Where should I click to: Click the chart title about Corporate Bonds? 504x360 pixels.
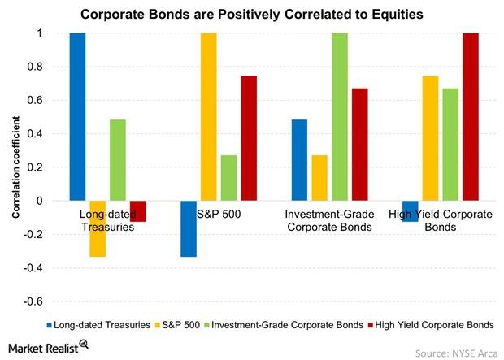coord(252,14)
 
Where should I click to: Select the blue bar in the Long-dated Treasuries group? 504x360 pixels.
coord(78,117)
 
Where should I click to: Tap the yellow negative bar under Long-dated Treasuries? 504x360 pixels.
coord(98,228)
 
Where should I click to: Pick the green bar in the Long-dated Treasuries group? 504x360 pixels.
coord(118,160)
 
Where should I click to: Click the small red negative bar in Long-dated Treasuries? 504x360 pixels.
coord(138,211)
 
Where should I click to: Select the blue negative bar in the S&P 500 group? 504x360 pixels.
coord(189,228)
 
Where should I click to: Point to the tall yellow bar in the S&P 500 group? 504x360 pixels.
coord(209,117)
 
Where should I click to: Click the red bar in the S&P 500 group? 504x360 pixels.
coord(249,138)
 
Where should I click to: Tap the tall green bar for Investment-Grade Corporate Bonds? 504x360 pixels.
coord(340,117)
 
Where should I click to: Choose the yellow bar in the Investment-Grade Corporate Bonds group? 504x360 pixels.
coord(319,178)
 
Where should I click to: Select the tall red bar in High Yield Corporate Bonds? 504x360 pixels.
coord(471,117)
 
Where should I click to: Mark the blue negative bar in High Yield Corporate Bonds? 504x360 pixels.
coord(411,211)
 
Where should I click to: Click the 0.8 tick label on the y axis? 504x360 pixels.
coord(35,67)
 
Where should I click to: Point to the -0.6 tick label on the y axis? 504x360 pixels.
coord(33,301)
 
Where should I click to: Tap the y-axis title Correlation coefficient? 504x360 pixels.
coord(15,167)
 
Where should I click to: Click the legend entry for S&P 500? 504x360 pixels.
coord(177,325)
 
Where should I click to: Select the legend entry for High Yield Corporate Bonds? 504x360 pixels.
coord(431,325)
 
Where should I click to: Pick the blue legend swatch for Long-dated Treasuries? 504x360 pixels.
coord(49,325)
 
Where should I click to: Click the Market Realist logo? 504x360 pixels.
coord(48,347)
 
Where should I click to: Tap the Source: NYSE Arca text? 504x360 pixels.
coord(456,353)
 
